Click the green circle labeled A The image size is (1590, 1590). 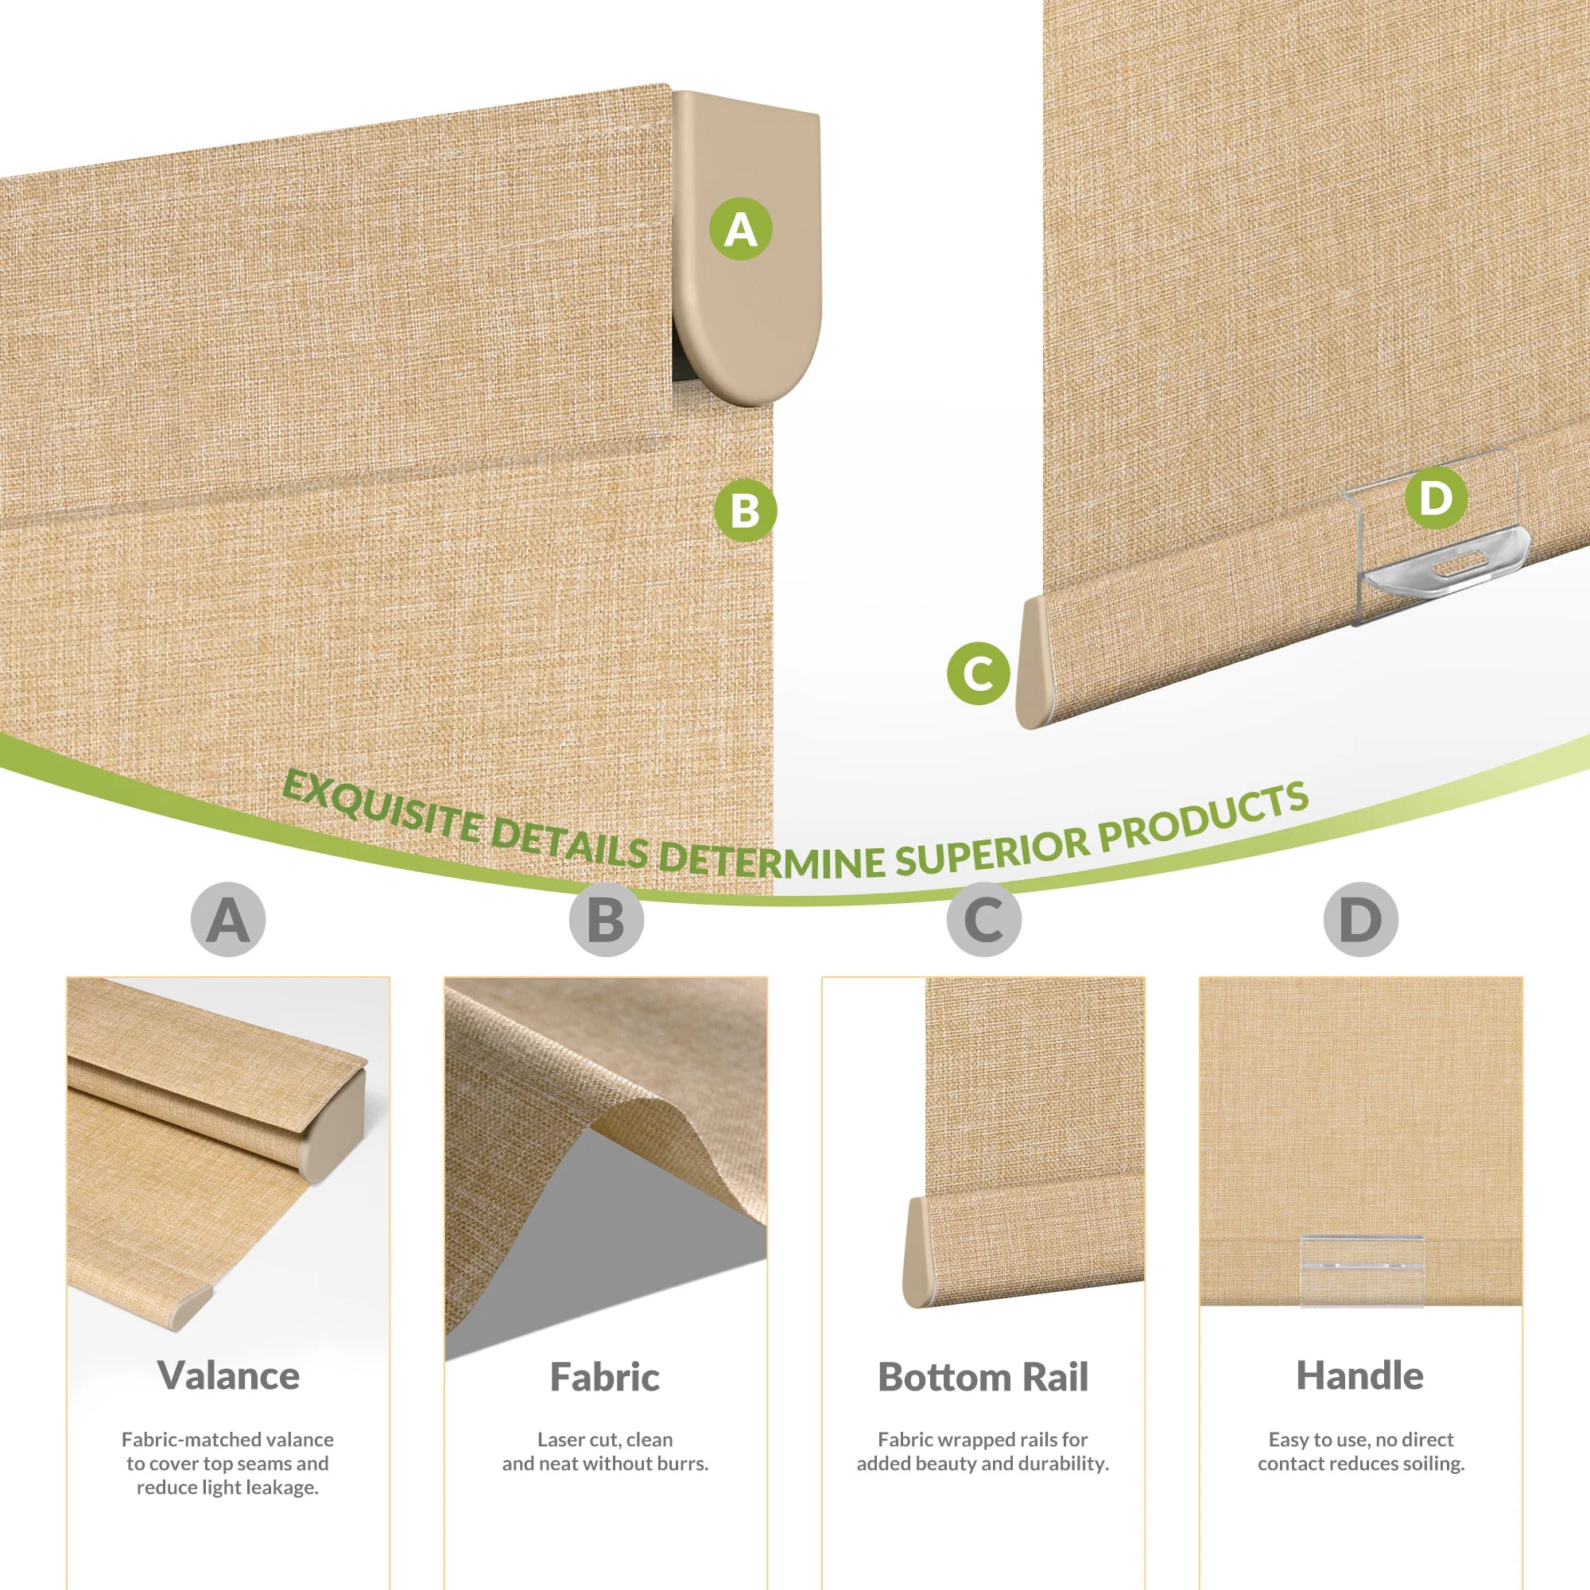[741, 228]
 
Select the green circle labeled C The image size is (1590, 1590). [979, 673]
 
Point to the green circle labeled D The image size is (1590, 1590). [1436, 497]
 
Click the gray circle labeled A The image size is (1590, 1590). [228, 919]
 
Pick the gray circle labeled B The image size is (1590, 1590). [606, 919]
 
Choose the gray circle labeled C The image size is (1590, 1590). [983, 919]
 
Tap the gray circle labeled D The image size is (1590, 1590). [1361, 919]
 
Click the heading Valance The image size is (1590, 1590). [228, 1375]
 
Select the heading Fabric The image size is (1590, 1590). [605, 1376]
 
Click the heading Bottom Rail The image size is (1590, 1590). [983, 1376]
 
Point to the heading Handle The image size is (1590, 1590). [1360, 1375]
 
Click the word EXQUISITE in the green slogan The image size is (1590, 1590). [380, 809]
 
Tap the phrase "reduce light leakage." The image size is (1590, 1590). [228, 1487]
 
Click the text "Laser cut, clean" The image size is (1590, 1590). [605, 1440]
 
